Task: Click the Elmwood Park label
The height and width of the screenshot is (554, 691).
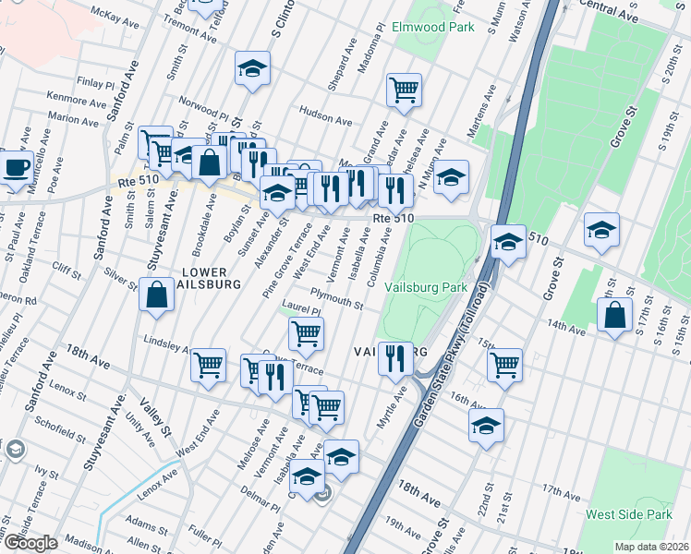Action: pyautogui.click(x=432, y=27)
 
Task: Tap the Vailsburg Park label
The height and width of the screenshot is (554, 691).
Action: pyautogui.click(x=427, y=287)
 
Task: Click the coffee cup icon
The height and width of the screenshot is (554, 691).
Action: pyautogui.click(x=16, y=167)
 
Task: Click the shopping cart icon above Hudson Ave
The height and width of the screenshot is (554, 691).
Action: pyautogui.click(x=404, y=90)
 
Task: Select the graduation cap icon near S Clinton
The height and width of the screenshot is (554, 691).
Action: pyautogui.click(x=251, y=69)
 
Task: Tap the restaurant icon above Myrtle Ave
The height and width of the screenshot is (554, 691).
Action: pyautogui.click(x=395, y=357)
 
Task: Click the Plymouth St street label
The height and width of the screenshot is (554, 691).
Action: pyautogui.click(x=336, y=301)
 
